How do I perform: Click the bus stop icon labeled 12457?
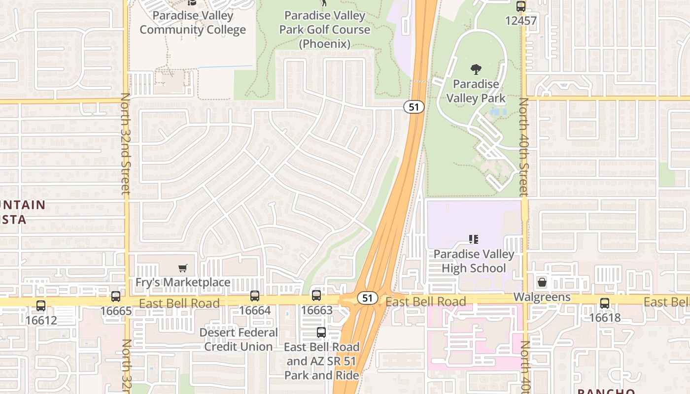pos(521,7)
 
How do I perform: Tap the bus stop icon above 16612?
pos(41,306)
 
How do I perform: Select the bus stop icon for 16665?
pos(116,296)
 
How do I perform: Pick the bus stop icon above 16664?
pos(255,296)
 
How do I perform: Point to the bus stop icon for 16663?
pos(316,295)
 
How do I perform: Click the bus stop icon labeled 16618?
pos(605,303)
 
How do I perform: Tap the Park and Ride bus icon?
pos(321,332)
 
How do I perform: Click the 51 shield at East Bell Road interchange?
pos(367,298)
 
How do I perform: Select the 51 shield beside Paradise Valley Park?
pos(414,107)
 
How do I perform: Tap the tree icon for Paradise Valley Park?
pos(476,69)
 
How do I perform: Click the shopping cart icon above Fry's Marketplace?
pos(183,268)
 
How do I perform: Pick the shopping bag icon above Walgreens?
pos(542,282)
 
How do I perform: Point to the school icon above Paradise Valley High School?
pos(474,240)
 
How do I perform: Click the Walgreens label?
pos(542,297)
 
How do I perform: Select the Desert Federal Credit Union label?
pos(239,340)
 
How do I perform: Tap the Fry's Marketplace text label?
pos(183,282)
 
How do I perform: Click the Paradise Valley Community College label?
pos(192,22)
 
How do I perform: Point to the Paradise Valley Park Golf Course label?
pos(324,30)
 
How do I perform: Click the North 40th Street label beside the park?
pos(523,147)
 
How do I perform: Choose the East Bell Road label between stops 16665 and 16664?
pos(179,303)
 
